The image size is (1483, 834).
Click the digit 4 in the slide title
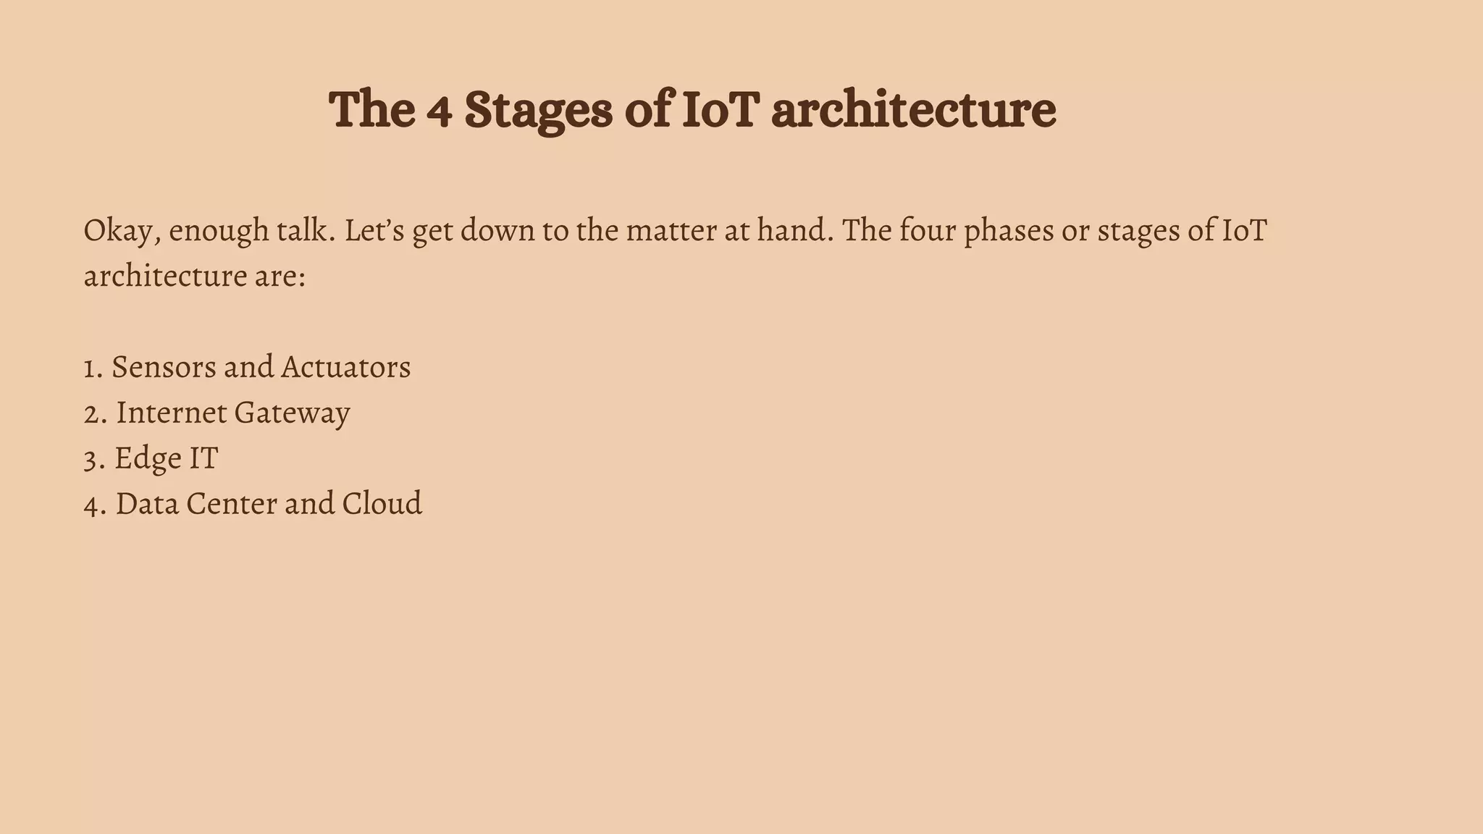[439, 112]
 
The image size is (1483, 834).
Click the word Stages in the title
[538, 110]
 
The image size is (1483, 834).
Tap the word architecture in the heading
[913, 110]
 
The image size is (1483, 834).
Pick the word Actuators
[346, 368]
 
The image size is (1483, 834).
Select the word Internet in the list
[172, 413]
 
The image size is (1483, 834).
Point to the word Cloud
[382, 504]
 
